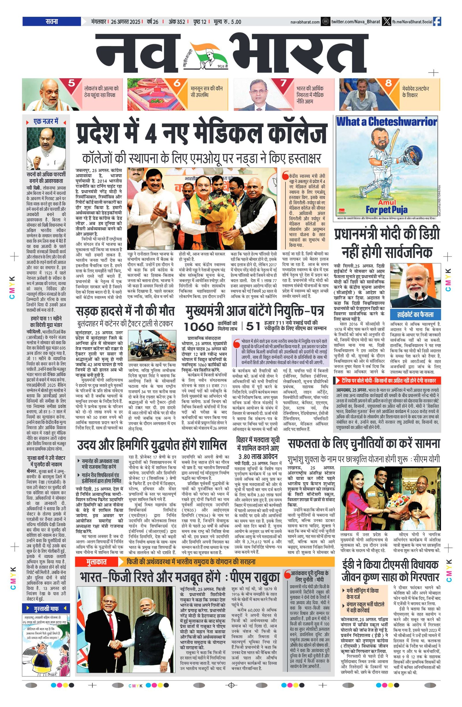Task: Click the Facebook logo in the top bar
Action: (437, 22)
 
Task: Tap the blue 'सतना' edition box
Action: (52, 22)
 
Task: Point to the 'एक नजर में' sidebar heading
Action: (46, 122)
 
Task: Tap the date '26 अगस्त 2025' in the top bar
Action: (126, 22)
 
